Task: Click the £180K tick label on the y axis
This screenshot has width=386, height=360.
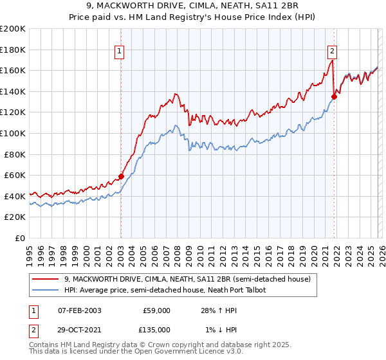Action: click(x=13, y=50)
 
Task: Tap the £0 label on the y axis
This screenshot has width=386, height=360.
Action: click(x=21, y=238)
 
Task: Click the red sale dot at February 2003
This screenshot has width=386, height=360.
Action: click(x=121, y=176)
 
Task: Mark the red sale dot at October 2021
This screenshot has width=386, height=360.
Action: click(x=334, y=97)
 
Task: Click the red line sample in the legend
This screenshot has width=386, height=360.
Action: click(x=46, y=279)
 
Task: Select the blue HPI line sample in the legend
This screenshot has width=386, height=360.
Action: click(x=46, y=290)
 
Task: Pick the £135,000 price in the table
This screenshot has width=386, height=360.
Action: click(x=156, y=330)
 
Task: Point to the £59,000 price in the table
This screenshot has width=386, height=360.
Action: click(x=156, y=310)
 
